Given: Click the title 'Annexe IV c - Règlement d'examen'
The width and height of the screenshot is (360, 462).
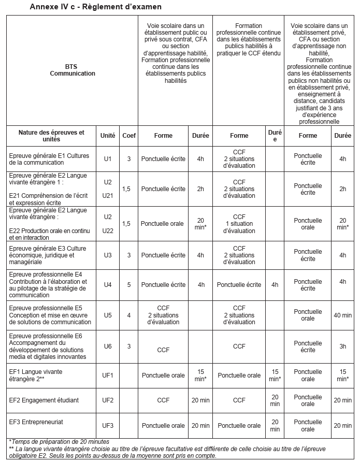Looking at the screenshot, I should (x=95, y=7).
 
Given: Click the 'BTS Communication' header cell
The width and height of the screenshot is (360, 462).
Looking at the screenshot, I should (x=73, y=70).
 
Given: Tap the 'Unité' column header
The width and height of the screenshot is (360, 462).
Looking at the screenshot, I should (x=108, y=136).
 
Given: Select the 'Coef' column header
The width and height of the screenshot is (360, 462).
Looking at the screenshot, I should (x=129, y=136).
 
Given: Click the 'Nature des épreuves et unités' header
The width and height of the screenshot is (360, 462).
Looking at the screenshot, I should (x=51, y=136).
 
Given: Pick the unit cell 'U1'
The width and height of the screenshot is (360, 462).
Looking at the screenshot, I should (x=108, y=159).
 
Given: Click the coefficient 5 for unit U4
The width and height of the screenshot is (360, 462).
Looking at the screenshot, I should (x=129, y=284).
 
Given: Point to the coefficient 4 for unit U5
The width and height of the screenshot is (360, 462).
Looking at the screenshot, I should (x=129, y=315).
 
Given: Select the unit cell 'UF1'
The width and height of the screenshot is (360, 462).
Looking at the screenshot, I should (x=108, y=375).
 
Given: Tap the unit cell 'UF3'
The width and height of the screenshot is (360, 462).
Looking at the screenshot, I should (x=108, y=426).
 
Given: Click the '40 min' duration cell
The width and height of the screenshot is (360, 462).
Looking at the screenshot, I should (x=342, y=315).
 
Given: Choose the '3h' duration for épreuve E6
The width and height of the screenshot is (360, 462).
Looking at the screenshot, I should (x=342, y=347).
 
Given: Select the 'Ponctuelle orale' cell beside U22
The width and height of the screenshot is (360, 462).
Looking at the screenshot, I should (x=162, y=224).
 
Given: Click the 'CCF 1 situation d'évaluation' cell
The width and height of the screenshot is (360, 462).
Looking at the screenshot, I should (x=239, y=224).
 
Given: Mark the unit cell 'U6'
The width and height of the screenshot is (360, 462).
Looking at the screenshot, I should (x=108, y=347).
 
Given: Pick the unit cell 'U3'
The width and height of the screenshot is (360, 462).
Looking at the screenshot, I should (x=108, y=255).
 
